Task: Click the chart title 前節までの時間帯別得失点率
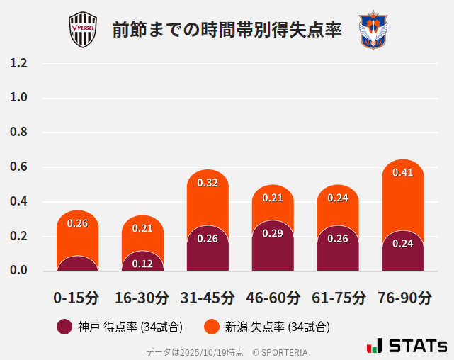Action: pos(227,30)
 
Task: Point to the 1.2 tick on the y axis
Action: pos(18,63)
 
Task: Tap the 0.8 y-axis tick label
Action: pos(18,133)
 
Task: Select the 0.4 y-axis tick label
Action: pos(18,202)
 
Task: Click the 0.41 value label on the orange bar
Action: pos(402,172)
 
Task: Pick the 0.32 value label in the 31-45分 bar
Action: pos(208,183)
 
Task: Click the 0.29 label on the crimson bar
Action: pos(273,233)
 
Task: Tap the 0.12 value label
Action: pos(142,264)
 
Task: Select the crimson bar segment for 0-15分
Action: pos(77,264)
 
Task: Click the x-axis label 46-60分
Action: pos(273,298)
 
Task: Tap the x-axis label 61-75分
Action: pos(338,298)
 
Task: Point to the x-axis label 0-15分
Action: pos(77,298)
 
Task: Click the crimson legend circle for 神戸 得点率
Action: pos(64,327)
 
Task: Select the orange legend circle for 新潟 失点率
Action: pos(211,327)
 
